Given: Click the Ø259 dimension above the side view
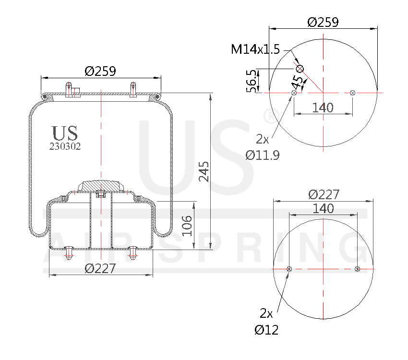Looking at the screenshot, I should click(100, 71).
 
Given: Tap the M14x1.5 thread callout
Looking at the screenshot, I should click(255, 49).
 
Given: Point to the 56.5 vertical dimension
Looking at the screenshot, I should click(251, 80).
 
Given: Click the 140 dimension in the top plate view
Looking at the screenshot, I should click(323, 108).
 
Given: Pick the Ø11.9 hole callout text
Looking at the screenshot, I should click(263, 155).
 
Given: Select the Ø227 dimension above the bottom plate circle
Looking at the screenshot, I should click(324, 194).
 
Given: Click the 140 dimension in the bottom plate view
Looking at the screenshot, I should click(323, 208).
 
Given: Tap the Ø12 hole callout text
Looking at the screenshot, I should click(266, 330).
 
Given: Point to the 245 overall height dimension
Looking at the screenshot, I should click(204, 171).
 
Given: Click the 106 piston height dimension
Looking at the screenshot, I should click(187, 225).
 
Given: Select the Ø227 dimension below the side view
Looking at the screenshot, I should click(100, 269).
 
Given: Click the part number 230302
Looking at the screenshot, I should click(65, 147).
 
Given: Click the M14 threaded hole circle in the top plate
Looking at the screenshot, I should click(300, 69).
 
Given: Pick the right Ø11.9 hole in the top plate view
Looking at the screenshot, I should click(353, 92).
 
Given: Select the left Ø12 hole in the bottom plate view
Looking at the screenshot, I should click(289, 269).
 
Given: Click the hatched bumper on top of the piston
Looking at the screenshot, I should click(101, 185).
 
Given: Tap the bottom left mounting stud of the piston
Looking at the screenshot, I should click(68, 252).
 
